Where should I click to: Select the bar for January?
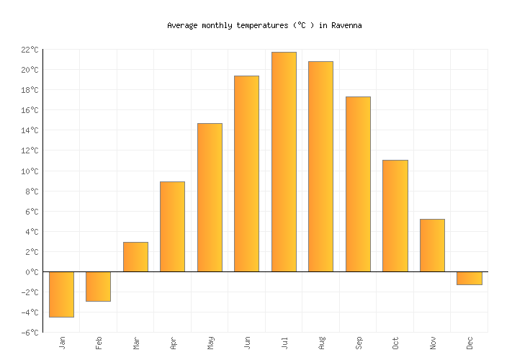[61, 294]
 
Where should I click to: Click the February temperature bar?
[98, 286]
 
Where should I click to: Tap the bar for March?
[135, 257]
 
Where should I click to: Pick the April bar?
[172, 227]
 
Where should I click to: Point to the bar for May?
[210, 197]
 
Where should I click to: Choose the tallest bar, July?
[284, 162]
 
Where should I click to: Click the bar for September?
[358, 184]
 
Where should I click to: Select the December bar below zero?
[469, 278]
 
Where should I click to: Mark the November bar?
[432, 246]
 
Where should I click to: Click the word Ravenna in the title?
[346, 25]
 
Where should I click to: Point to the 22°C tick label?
[30, 50]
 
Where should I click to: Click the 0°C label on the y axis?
[32, 272]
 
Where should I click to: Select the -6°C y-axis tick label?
[30, 333]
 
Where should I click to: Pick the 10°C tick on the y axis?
[30, 171]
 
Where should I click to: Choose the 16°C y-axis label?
[30, 110]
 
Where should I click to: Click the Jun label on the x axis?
[247, 343]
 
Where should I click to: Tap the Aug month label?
[321, 343]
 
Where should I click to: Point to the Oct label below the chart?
[395, 343]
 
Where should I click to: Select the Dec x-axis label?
[470, 343]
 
